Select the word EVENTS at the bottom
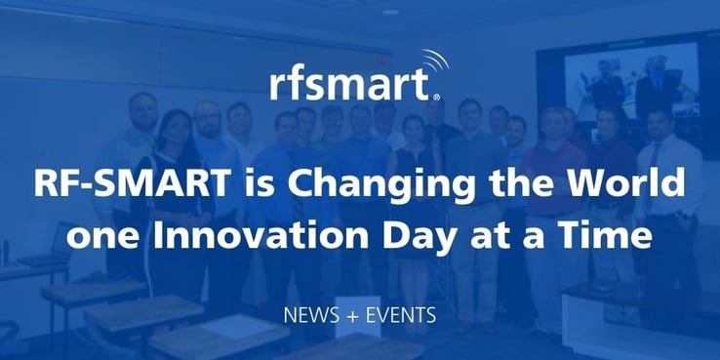pos(403,316)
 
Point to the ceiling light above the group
pos(391,12)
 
